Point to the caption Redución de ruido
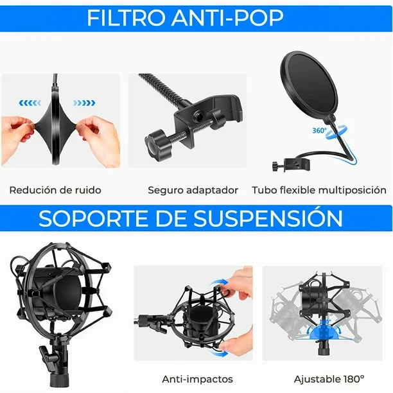[x=55, y=190]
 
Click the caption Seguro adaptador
[x=193, y=190]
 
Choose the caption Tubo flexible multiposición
[x=319, y=190]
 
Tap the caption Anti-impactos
[x=197, y=379]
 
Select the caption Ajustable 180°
[x=329, y=379]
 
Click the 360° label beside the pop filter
[x=319, y=130]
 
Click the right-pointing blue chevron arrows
[x=83, y=101]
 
